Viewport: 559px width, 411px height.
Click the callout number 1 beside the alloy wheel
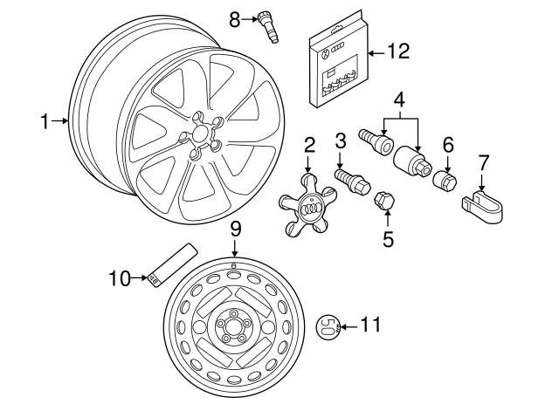(x=45, y=122)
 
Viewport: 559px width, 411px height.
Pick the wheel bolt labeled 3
(x=353, y=180)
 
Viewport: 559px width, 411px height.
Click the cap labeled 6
(x=446, y=180)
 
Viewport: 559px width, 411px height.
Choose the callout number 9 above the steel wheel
(x=235, y=229)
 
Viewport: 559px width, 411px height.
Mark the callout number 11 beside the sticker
(x=371, y=326)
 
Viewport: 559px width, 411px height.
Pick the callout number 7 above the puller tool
(x=484, y=161)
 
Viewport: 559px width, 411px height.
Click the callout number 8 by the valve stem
(x=234, y=17)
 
